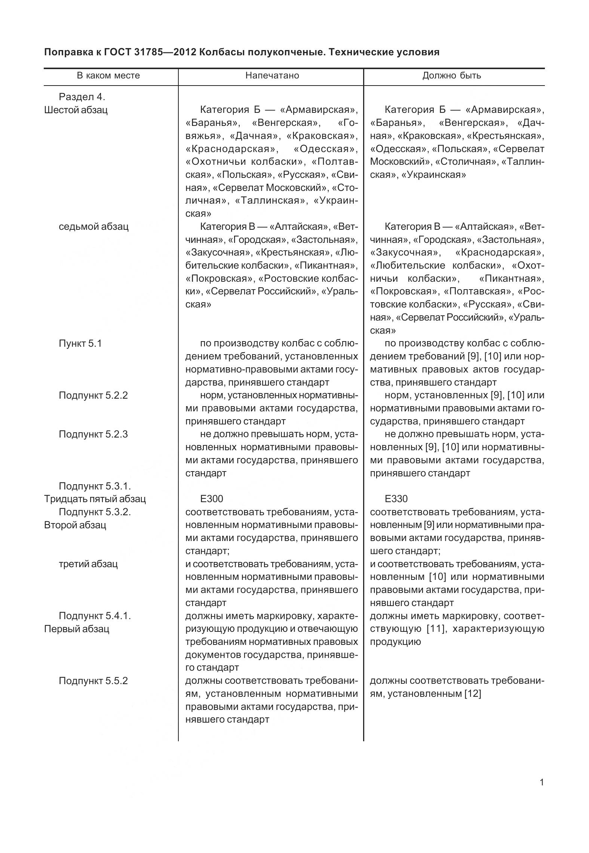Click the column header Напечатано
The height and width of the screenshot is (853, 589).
(x=272, y=75)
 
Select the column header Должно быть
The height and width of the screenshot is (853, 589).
(x=451, y=75)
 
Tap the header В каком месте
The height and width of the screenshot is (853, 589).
(x=108, y=75)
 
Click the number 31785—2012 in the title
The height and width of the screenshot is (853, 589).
(x=165, y=52)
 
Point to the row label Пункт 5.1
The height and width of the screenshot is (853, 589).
(x=80, y=343)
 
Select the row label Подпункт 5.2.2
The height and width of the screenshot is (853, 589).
(x=93, y=395)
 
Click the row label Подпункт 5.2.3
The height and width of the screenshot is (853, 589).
(x=93, y=434)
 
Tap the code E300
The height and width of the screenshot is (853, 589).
(x=212, y=499)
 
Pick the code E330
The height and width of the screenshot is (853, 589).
(x=396, y=499)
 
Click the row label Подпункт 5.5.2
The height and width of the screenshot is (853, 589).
(x=93, y=681)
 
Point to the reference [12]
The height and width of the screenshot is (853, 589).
(x=472, y=694)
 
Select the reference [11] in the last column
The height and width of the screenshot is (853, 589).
(x=436, y=629)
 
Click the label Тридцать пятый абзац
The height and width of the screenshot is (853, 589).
(x=95, y=499)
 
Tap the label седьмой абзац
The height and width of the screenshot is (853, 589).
(x=93, y=226)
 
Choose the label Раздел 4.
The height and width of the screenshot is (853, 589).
(x=82, y=97)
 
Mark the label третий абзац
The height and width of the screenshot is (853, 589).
(x=88, y=564)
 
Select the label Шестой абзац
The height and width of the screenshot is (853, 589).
(x=76, y=110)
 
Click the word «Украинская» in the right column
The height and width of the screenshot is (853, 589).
(x=433, y=175)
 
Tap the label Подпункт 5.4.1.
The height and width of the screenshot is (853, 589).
(x=95, y=616)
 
